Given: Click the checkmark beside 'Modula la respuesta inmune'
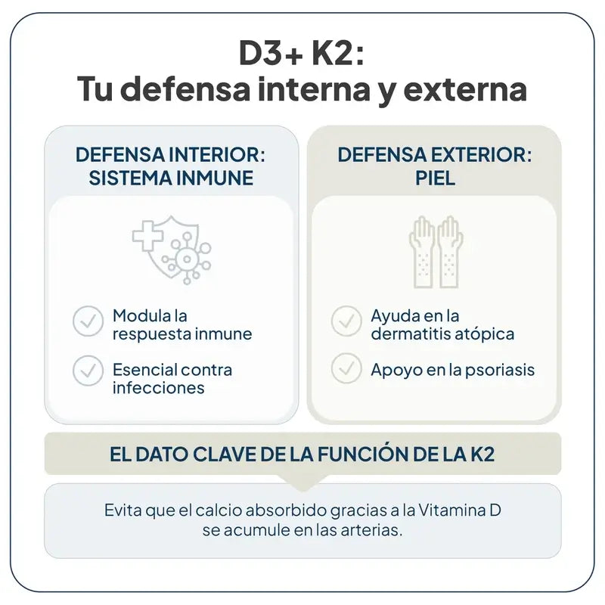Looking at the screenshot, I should click(x=88, y=322).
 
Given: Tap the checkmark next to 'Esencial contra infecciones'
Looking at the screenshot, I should click(x=88, y=371).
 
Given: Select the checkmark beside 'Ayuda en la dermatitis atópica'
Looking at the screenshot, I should click(x=346, y=322).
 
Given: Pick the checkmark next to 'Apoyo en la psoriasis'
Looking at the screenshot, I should click(x=346, y=369).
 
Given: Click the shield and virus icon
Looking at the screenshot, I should click(x=173, y=247).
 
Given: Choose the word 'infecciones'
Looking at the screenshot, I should click(x=159, y=388).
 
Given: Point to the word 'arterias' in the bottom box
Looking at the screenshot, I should click(x=372, y=529).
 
